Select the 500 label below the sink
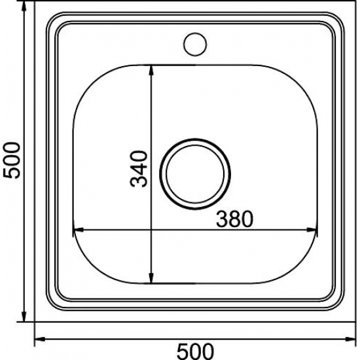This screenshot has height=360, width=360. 196,351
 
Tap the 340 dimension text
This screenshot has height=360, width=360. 140,168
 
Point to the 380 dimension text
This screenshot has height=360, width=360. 234,219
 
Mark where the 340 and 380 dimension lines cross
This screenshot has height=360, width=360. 152,230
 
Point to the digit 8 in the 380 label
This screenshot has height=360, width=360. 234,219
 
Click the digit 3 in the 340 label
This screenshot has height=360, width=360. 140,181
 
